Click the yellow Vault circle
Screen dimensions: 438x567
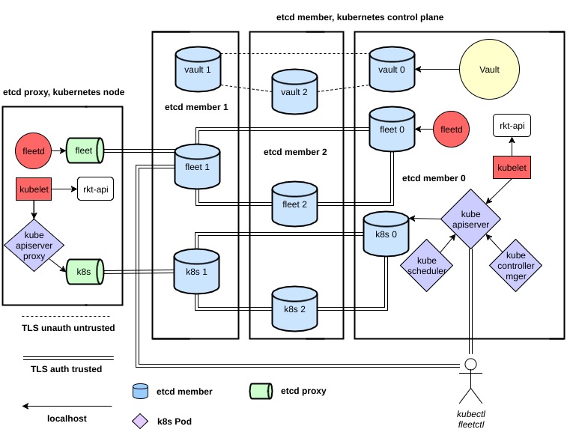(x=490, y=70)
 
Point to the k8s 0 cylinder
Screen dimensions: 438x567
(x=385, y=234)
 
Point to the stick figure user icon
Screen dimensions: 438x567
(x=470, y=382)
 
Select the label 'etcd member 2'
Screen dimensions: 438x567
(x=295, y=152)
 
